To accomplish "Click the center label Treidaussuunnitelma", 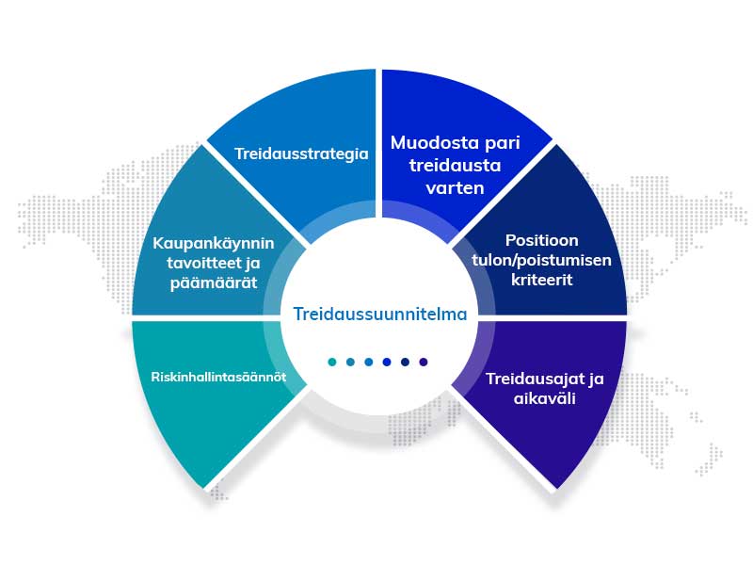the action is pos(380,314).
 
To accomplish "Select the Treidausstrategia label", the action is pos(301,153).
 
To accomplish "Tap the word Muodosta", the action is pos(435,143).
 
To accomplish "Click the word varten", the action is pos(455,187).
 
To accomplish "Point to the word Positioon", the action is pos(542,240).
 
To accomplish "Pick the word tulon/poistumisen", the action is pos(542,261).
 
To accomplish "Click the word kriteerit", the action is pos(542,280).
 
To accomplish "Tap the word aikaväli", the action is pos(544,398).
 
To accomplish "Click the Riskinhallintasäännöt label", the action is pos(218,377).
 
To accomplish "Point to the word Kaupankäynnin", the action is pos(214,244).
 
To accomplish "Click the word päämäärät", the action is pos(214,283).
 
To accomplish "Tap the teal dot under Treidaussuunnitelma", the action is pos(332,362).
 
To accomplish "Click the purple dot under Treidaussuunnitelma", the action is pos(423,362).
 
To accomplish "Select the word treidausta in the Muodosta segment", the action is pos(456,166).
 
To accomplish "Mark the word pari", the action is pos(503,144).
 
